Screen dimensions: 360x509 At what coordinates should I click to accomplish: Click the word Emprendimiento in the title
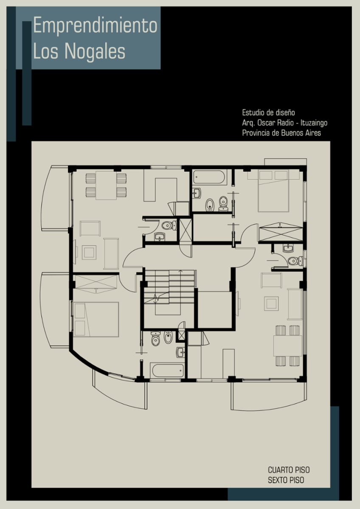[x=95, y=26]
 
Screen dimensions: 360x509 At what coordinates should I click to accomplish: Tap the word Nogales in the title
[x=95, y=51]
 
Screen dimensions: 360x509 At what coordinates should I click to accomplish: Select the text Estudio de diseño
[x=268, y=112]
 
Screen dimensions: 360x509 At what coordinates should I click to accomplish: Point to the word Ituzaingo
[x=314, y=123]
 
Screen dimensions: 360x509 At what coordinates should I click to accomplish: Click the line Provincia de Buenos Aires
[x=281, y=133]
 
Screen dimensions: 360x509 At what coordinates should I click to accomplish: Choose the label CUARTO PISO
[x=289, y=470]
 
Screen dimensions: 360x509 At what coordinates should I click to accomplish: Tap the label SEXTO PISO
[x=286, y=480]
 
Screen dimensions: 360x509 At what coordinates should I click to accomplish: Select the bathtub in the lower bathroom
[x=168, y=370]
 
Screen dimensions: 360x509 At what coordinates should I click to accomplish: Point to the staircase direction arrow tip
[x=180, y=271]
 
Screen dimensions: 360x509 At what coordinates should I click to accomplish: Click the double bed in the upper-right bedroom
[x=273, y=191]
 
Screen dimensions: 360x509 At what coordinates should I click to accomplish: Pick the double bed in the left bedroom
[x=96, y=319]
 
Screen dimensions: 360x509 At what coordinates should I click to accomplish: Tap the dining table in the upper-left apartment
[x=106, y=185]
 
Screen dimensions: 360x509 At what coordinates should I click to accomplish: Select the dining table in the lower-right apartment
[x=287, y=346]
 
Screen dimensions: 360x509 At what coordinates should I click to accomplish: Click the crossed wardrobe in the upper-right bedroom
[x=281, y=232]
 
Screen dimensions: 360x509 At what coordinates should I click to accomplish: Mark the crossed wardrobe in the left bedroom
[x=96, y=284]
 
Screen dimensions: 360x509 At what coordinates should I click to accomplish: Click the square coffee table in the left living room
[x=89, y=252]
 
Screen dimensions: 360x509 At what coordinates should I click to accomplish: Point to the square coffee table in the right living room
[x=271, y=303]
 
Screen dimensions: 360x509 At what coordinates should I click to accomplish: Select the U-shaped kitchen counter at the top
[x=160, y=185]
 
